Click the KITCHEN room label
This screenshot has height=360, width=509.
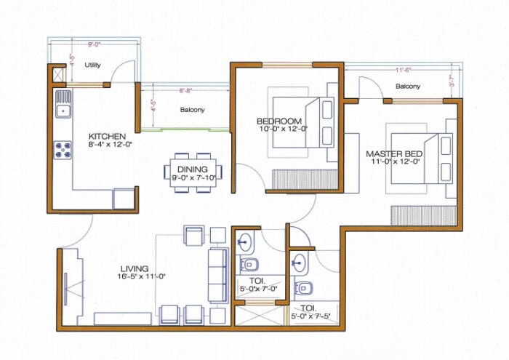point(107,137)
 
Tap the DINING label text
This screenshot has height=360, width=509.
point(192,169)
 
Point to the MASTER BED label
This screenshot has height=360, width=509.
point(394,154)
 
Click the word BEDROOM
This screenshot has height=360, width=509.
point(278,121)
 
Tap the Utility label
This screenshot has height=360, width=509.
point(92,65)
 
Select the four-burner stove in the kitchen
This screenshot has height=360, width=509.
point(63,149)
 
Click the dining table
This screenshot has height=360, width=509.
point(193,174)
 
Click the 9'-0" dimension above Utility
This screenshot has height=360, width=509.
point(95,45)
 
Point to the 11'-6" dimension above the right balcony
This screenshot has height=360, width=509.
point(404,70)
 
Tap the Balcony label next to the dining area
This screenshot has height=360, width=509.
point(192,111)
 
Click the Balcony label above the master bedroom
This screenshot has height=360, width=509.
point(408,87)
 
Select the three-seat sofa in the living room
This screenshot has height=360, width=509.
point(217,276)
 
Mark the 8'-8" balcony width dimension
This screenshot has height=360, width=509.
point(185,90)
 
